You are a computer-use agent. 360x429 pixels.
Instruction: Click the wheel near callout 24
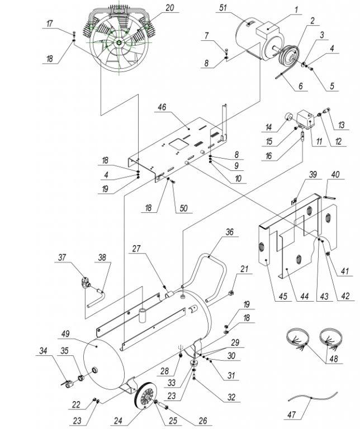tap(147, 395)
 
